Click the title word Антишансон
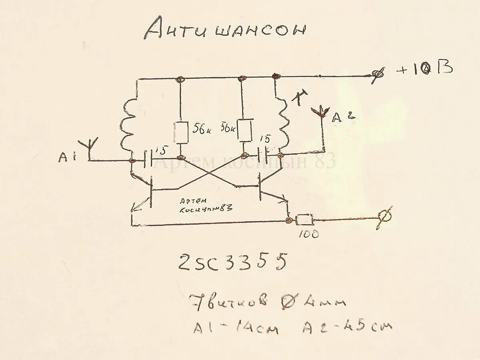click(225, 29)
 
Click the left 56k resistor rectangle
click(181, 132)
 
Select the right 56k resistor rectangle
click(245, 130)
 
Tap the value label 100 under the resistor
click(309, 234)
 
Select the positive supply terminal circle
click(378, 75)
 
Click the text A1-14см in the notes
click(236, 328)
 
